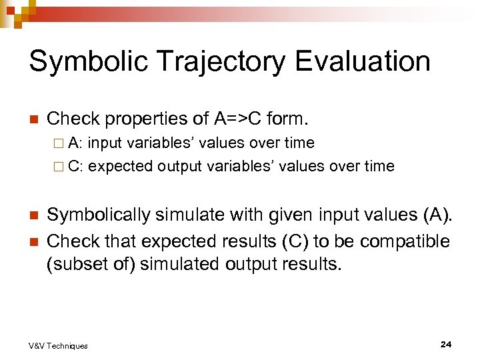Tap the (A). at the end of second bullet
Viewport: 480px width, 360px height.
[437, 215]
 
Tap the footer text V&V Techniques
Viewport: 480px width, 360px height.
[58, 345]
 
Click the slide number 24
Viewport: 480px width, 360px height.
[446, 344]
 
